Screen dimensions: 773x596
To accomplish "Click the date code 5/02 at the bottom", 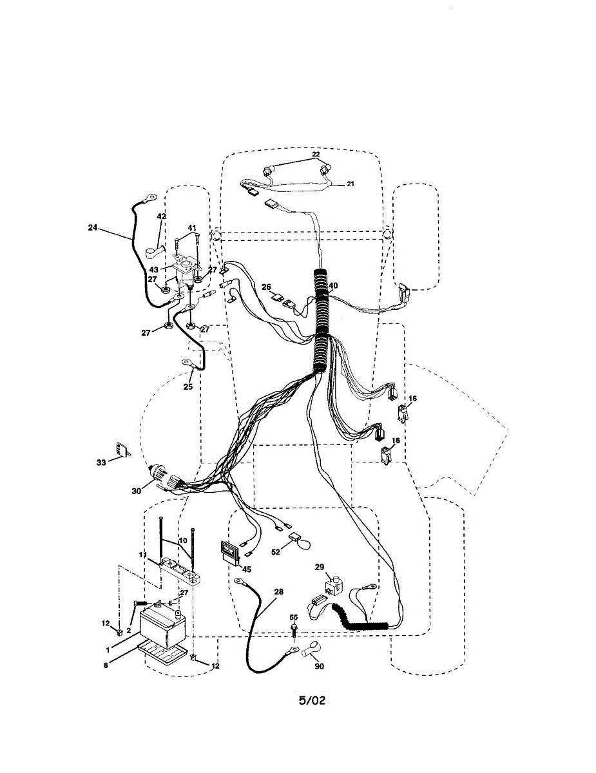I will [x=312, y=700].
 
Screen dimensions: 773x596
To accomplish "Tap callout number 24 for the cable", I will [x=93, y=227].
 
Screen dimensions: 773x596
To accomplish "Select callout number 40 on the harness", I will [x=333, y=285].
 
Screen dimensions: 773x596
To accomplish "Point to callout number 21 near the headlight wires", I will [x=351, y=184].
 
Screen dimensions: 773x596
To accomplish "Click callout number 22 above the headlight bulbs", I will [x=316, y=155].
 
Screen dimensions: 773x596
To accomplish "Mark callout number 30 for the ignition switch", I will [x=136, y=491].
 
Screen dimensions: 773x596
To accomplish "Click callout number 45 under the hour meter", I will [x=247, y=569].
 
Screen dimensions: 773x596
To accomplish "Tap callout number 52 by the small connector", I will [x=276, y=552].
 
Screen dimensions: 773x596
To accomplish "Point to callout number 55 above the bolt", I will [x=294, y=617].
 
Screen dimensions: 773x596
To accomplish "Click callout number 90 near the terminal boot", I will [x=319, y=666].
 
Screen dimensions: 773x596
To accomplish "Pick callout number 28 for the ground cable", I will [x=278, y=591].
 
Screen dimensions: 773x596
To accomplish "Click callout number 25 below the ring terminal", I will [x=187, y=387].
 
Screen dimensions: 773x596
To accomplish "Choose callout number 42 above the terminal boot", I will [x=161, y=216].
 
